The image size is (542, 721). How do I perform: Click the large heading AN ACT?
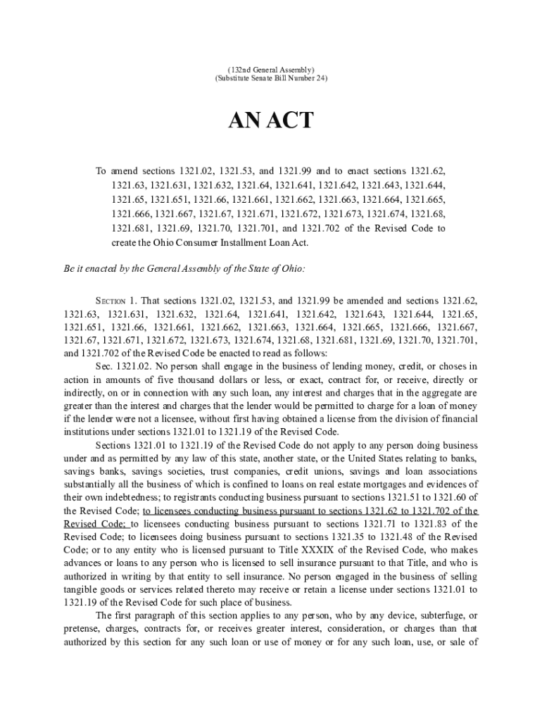(270, 121)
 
